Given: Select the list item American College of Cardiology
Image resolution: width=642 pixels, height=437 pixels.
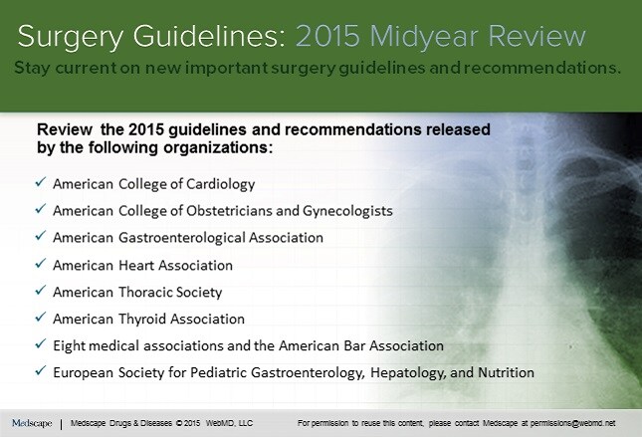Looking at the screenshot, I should [x=153, y=184].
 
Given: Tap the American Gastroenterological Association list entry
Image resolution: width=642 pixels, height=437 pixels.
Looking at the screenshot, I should [x=188, y=238].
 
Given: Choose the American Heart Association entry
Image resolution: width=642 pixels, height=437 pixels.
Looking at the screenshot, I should [x=142, y=266].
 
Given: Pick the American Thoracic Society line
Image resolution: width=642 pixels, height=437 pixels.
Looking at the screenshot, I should [x=137, y=293].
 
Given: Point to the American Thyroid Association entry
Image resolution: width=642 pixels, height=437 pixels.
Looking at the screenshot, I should [x=148, y=320].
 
